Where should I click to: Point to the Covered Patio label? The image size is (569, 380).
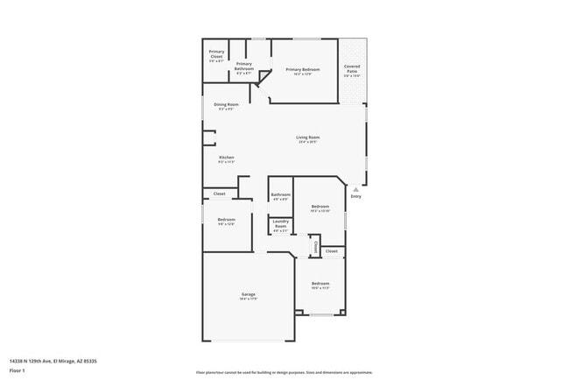352,69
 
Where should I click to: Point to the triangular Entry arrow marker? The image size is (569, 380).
355,188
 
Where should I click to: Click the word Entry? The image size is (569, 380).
355,197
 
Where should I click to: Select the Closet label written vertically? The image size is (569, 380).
314,247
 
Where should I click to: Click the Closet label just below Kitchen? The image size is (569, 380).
219,194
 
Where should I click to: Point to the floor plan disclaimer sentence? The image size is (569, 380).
284,372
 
